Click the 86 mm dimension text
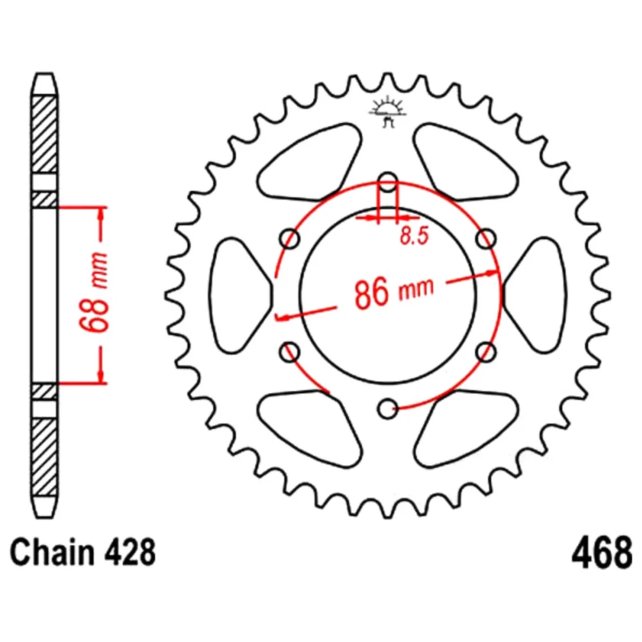[x=394, y=291]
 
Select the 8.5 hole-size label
[x=414, y=236]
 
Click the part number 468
[x=602, y=553]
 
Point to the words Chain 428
[x=83, y=552]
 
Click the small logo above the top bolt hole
[x=387, y=112]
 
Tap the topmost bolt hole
[x=387, y=182]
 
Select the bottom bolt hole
[x=387, y=408]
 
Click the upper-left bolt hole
[x=290, y=239]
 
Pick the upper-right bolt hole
[x=486, y=239]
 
